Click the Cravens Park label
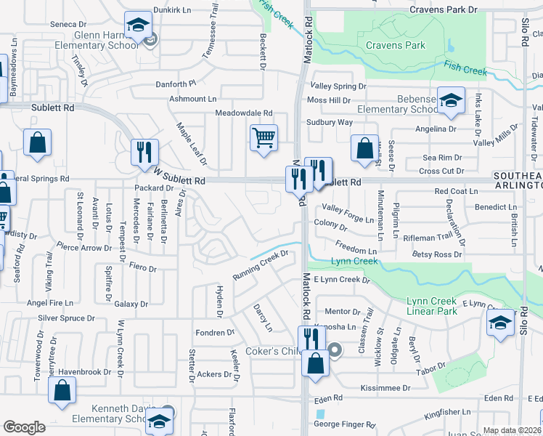[396, 45]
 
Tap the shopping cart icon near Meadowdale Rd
[264, 137]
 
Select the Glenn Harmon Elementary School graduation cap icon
[136, 25]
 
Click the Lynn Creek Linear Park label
[431, 307]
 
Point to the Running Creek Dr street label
[261, 267]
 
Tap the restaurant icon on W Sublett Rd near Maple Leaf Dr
[144, 152]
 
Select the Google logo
[25, 427]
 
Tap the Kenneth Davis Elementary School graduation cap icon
[158, 421]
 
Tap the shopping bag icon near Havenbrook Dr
[62, 389]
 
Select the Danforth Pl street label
[176, 84]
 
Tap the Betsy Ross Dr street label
[437, 254]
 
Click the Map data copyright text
[512, 430]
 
